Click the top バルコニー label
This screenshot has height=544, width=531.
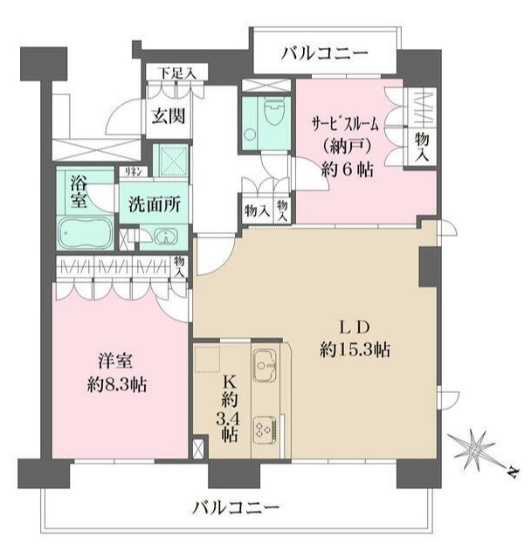(x=324, y=53)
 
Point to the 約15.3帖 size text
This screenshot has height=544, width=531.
(x=353, y=349)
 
